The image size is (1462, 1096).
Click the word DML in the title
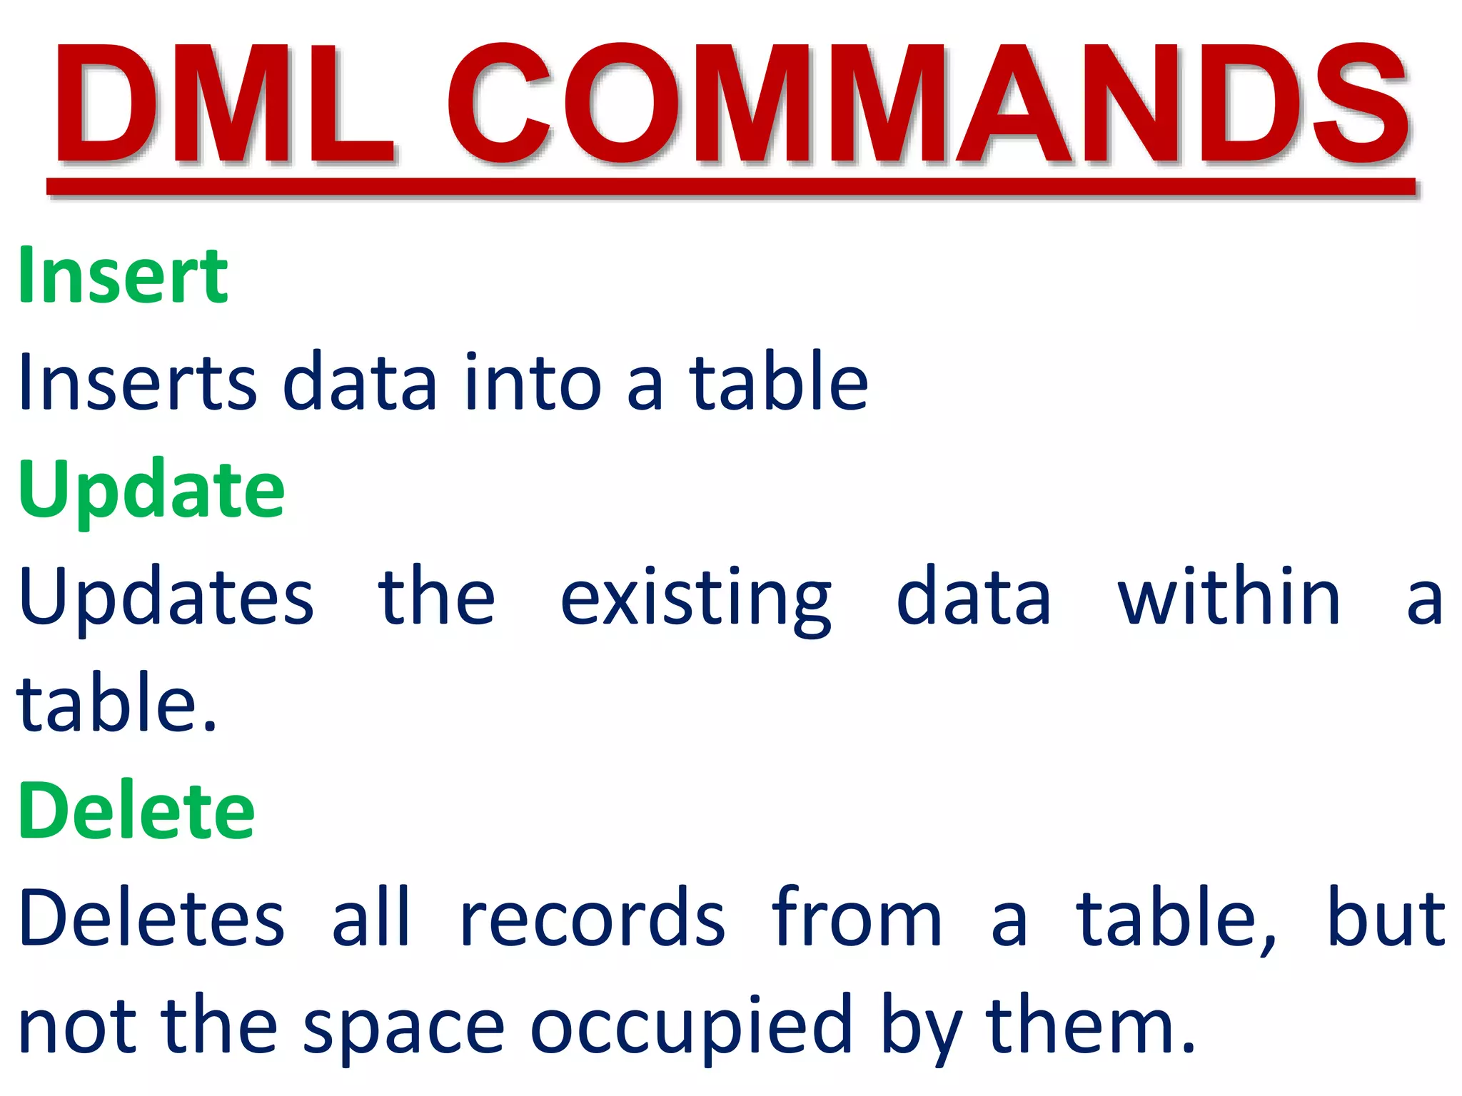coord(225,103)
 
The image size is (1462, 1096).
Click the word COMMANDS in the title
coord(928,103)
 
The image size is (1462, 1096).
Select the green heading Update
coord(151,489)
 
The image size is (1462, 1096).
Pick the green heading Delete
coord(136,811)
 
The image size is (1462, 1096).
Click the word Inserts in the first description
coord(137,382)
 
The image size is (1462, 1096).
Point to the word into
coord(533,382)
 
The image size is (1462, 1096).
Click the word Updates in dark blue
coord(166,598)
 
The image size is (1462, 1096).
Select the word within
coord(1229,597)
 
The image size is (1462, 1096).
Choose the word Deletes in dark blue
coord(151,918)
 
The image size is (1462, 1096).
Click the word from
coord(857,918)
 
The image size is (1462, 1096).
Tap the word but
coord(1386,918)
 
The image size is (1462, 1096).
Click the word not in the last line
coord(77,1026)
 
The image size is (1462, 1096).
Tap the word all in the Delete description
coord(371,918)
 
